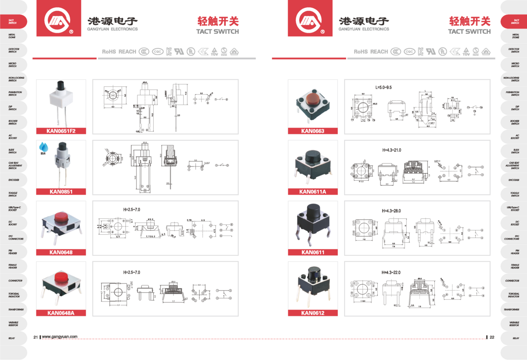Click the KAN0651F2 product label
(61, 131)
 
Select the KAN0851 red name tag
(61, 191)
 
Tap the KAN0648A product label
(61, 313)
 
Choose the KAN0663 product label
(312, 131)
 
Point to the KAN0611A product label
(312, 191)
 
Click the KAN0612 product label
(312, 313)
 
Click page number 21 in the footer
(36, 337)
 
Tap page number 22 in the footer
(492, 337)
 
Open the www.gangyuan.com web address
(60, 337)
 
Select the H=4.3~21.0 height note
(391, 150)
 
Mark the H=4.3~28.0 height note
(391, 211)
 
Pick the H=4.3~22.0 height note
(391, 273)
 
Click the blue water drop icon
(43, 146)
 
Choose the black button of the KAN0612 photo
(313, 273)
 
